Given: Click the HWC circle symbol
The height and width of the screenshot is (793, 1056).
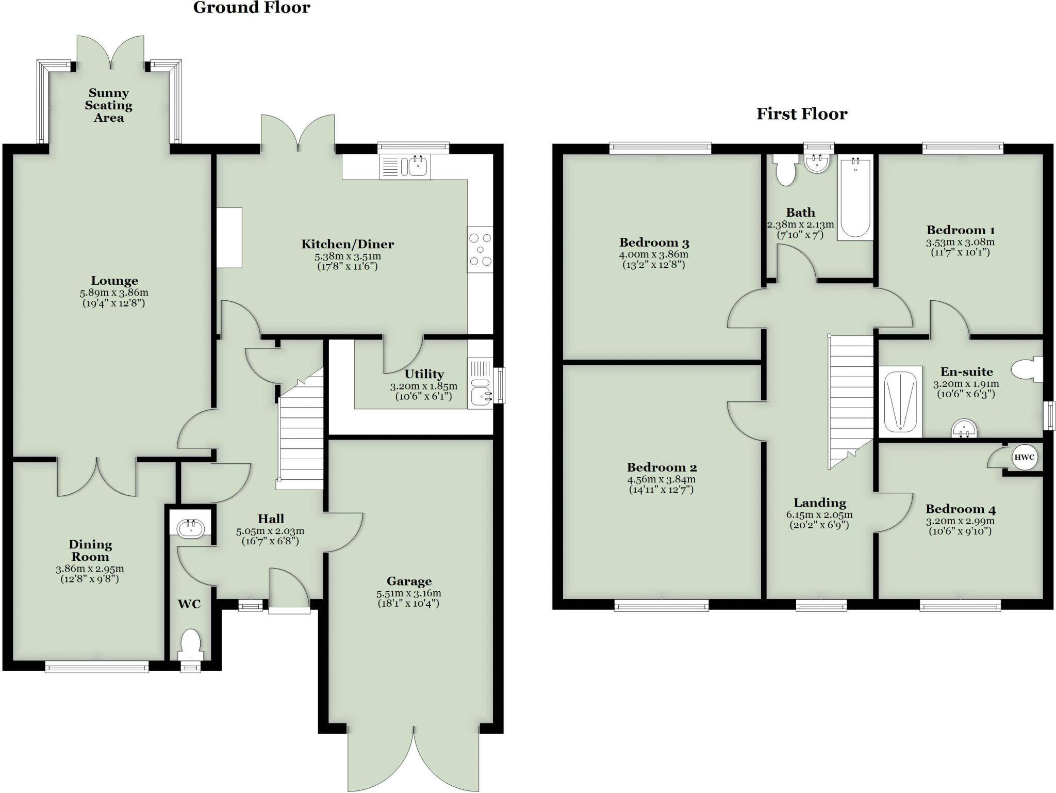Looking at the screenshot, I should [1024, 458].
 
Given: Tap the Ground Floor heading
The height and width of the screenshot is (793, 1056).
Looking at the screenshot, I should [252, 8].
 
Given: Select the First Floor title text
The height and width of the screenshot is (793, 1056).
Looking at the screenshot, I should [801, 114].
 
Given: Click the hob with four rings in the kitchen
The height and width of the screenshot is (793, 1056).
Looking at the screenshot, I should [480, 250].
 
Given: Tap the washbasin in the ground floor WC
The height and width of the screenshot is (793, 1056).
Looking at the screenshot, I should [190, 528].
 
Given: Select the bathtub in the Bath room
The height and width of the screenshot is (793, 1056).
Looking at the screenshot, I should [855, 198].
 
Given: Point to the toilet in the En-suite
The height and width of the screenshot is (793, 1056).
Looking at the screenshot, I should [1027, 369].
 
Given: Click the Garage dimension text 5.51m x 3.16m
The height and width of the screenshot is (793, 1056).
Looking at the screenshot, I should [408, 593].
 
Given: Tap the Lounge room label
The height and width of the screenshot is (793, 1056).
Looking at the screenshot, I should [114, 281].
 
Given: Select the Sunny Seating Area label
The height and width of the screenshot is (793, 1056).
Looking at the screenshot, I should [109, 105].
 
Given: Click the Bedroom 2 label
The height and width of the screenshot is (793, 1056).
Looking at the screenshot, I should [662, 467].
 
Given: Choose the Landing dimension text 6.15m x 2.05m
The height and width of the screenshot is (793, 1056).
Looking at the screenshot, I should [819, 515].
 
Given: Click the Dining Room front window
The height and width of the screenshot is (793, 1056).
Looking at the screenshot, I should [97, 667].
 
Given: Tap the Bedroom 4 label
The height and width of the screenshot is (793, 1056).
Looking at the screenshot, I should [960, 509].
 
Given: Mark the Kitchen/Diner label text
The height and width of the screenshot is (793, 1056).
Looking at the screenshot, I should [348, 244].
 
